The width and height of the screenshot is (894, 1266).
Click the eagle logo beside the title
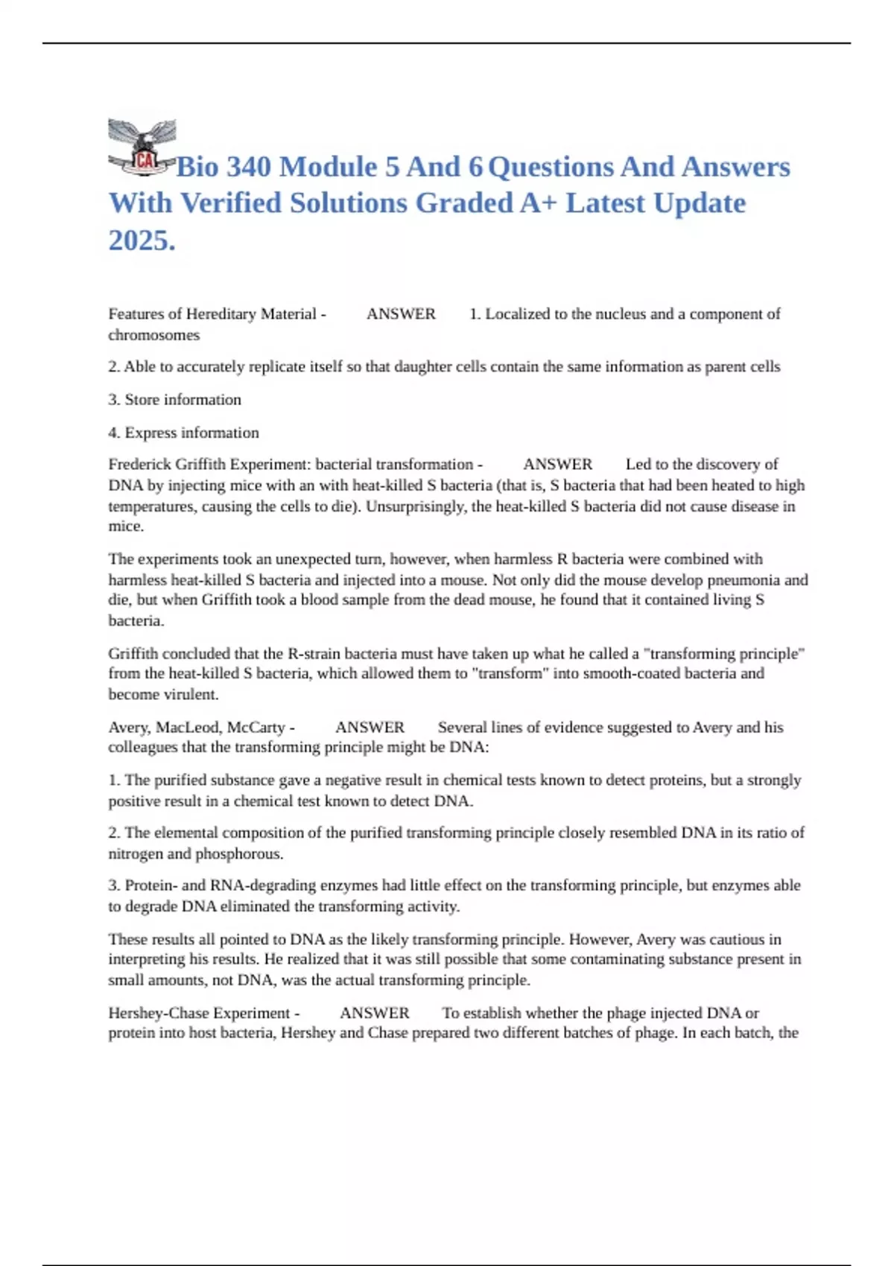(142, 147)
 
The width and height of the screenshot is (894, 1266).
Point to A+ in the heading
(537, 203)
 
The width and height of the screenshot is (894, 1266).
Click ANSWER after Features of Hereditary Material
(401, 314)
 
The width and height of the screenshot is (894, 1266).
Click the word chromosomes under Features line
(154, 335)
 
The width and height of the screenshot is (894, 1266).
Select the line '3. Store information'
(175, 400)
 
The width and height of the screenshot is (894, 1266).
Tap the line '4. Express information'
(184, 433)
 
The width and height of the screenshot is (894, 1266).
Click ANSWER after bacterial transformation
(557, 465)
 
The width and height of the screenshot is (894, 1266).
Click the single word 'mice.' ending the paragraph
(126, 527)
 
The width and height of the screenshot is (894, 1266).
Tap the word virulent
(195, 695)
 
